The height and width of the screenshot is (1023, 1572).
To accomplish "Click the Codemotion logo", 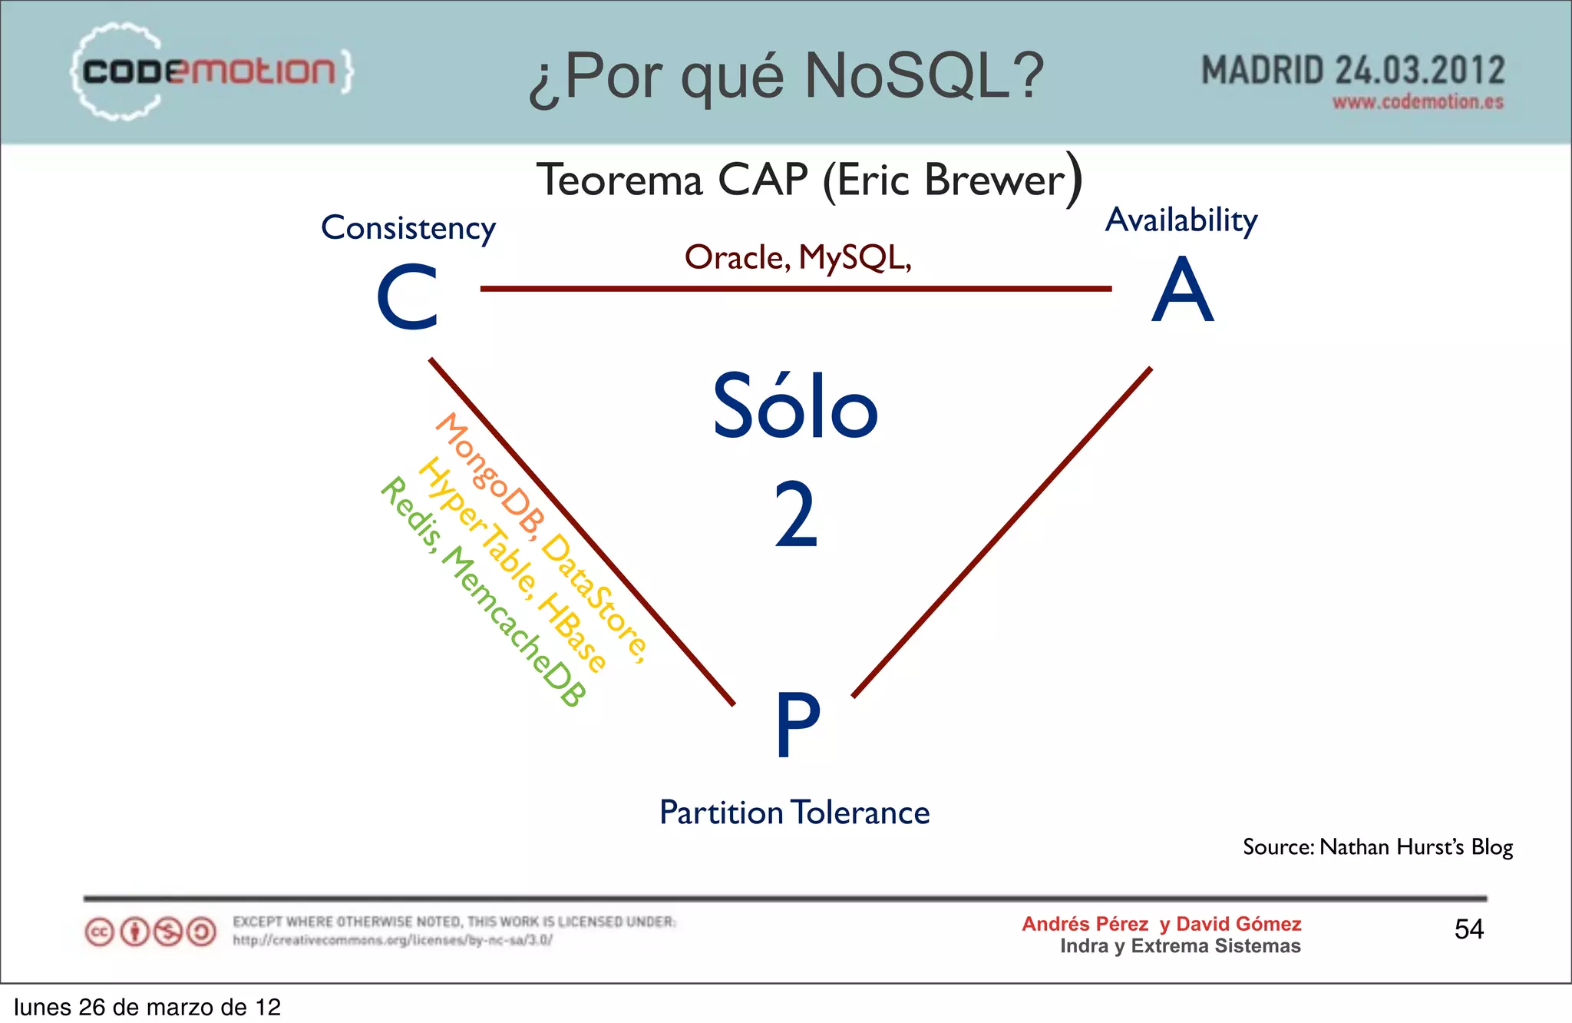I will coord(211,71).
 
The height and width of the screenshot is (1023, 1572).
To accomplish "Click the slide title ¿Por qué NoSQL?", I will coord(786,76).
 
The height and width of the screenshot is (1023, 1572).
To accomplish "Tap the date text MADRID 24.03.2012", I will coord(1352,70).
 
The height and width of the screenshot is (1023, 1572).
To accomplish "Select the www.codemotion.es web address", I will coord(1417,102).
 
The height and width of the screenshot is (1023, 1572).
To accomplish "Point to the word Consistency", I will coord(408,228).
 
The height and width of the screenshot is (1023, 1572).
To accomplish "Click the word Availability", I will coord(1181,220).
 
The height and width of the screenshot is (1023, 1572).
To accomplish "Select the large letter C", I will coord(408,297).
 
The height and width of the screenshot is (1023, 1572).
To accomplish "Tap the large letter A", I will coord(1182,290).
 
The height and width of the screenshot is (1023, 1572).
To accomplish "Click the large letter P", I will coord(798,724).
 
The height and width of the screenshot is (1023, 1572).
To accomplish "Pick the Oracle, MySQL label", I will coord(798,257).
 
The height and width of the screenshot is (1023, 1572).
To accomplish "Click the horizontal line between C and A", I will coord(795,289).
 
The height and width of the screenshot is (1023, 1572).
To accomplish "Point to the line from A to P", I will coord(1002,532).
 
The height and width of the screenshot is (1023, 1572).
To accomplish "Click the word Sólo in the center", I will coord(794,406).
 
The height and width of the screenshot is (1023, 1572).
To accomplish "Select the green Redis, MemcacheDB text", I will coord(484,591).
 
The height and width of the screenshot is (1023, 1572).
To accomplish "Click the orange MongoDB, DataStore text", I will coord(540,537).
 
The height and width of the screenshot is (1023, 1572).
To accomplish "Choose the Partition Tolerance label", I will coord(794,813).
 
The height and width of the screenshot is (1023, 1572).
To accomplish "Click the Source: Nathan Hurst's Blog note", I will coord(1377,846).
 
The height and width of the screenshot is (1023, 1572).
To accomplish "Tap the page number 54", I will coord(1468,929).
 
